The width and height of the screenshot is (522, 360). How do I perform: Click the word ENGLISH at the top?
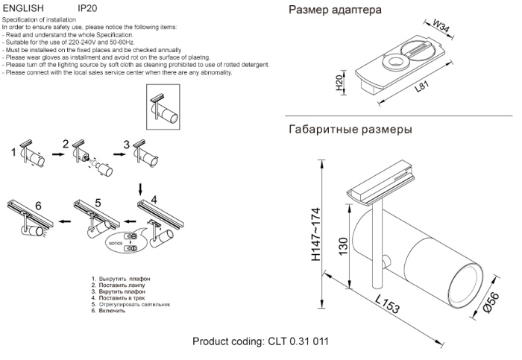(24, 8)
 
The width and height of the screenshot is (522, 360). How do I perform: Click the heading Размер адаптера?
(335, 10)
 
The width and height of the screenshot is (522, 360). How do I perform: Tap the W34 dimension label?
(443, 30)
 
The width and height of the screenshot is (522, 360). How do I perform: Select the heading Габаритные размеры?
(350, 130)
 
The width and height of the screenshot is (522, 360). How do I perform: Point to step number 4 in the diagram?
(154, 199)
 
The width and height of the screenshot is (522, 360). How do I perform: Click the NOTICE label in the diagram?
(114, 243)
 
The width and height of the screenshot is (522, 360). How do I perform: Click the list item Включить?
(108, 310)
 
